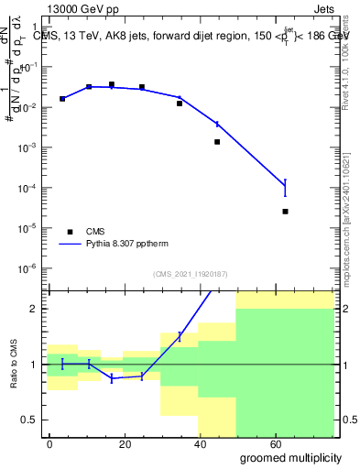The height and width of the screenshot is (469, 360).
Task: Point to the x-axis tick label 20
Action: (139, 442)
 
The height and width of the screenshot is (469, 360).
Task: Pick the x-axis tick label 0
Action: (49, 442)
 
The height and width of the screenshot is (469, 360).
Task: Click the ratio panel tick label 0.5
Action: (29, 420)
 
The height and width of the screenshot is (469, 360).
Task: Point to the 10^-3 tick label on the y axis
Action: (28, 147)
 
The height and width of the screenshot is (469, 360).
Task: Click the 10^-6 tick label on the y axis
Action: (28, 268)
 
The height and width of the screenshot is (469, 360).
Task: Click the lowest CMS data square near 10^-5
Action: (286, 212)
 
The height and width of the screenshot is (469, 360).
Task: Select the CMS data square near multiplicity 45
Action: (217, 142)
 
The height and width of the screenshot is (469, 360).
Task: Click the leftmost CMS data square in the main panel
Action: (62, 99)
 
